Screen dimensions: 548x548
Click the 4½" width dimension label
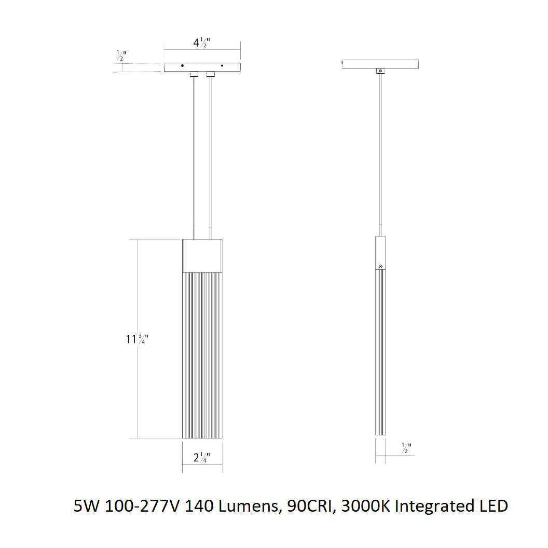coord(202,43)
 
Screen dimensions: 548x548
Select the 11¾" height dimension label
coord(137,339)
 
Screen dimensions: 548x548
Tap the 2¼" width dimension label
coord(202,457)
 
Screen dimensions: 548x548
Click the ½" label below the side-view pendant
coord(406,448)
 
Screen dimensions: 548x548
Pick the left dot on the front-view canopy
coord(182,66)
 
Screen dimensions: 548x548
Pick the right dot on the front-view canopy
coord(222,66)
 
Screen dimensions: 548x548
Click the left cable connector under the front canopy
coord(194,74)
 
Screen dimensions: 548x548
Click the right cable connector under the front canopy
coord(210,74)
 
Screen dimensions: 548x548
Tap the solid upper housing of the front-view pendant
coord(202,256)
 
